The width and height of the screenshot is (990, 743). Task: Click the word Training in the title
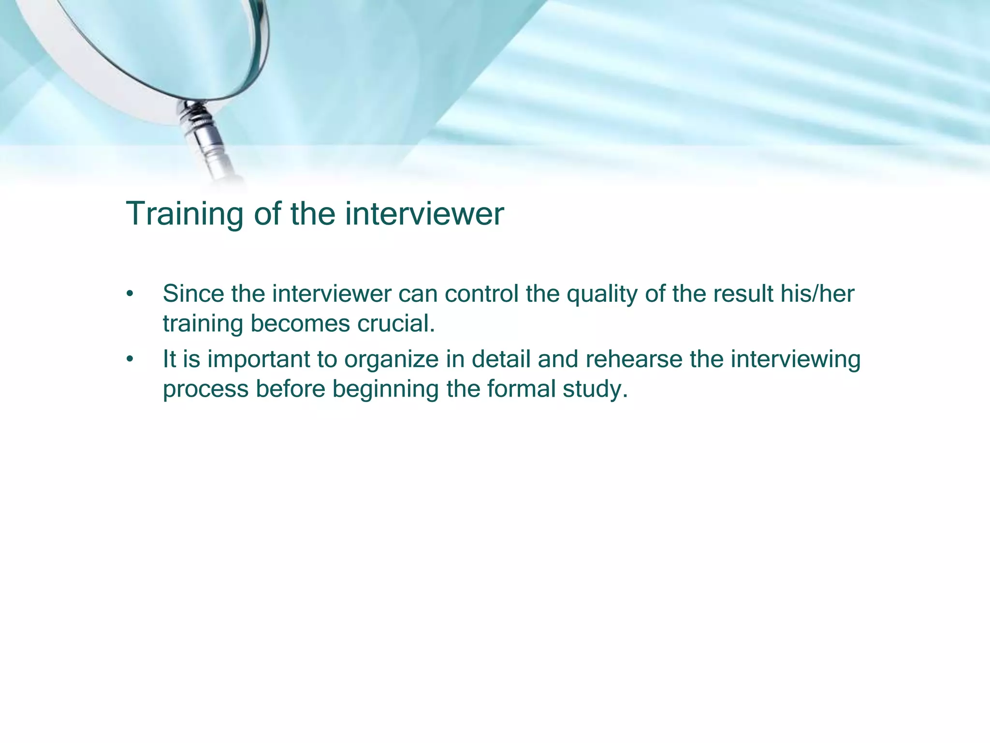(x=184, y=214)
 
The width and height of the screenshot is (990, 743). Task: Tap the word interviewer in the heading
(x=424, y=213)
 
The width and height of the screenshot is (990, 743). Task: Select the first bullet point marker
(x=129, y=295)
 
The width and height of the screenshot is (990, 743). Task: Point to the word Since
(x=193, y=294)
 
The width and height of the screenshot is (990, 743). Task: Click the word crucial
(x=396, y=324)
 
